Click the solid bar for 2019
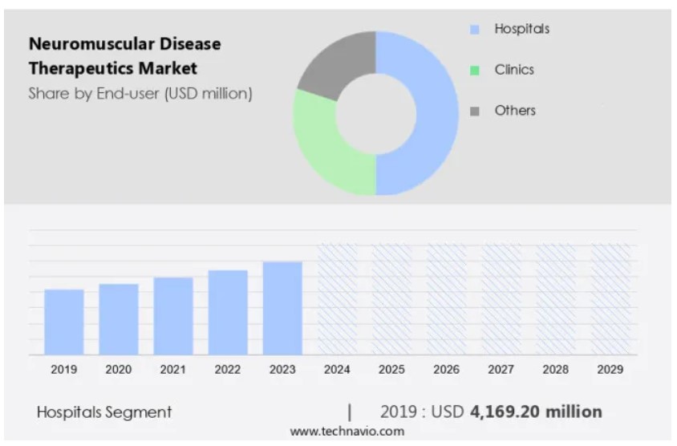click(x=64, y=322)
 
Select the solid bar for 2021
click(x=173, y=316)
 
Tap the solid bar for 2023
click(x=282, y=308)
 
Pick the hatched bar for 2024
click(x=337, y=299)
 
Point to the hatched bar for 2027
click(x=501, y=299)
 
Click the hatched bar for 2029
click(x=610, y=299)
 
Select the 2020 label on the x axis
click(x=119, y=370)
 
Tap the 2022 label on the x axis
click(x=228, y=370)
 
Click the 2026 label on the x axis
click(x=447, y=370)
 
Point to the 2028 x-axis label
click(x=556, y=370)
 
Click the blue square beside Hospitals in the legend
click(x=475, y=30)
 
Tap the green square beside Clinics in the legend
click(x=475, y=70)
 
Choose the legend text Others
click(x=515, y=111)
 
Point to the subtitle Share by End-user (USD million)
click(x=140, y=93)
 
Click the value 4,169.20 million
click(x=535, y=412)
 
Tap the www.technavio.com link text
click(x=347, y=432)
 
